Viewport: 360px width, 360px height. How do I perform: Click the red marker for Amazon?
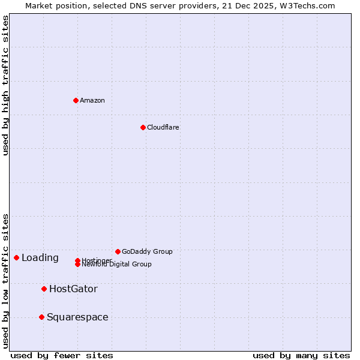[x=76, y=100]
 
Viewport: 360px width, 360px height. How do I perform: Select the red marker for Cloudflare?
[x=143, y=127]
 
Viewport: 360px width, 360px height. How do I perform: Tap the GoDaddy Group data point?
[x=118, y=251]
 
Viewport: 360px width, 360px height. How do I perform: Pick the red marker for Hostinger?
[x=78, y=260]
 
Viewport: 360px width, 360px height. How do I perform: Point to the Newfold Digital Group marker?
[x=78, y=265]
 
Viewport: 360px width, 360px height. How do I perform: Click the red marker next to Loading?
[x=16, y=257]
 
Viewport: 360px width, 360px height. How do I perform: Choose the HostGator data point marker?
[x=44, y=289]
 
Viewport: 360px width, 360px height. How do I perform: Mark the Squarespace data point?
[x=41, y=317]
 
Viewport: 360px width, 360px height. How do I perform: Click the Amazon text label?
[x=92, y=100]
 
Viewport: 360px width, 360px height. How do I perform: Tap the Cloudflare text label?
[x=163, y=127]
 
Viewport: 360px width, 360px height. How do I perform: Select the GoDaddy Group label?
[x=147, y=251]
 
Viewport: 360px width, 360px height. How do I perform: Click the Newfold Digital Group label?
[x=117, y=265]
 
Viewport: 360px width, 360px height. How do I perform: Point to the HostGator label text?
[x=73, y=289]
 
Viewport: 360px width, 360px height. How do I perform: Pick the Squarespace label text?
[x=77, y=317]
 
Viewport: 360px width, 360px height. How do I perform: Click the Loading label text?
[x=40, y=258]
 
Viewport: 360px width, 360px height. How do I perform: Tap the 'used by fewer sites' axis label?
[x=62, y=355]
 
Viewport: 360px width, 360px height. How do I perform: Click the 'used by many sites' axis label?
[x=301, y=355]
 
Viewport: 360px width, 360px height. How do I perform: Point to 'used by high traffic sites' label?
[x=5, y=85]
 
